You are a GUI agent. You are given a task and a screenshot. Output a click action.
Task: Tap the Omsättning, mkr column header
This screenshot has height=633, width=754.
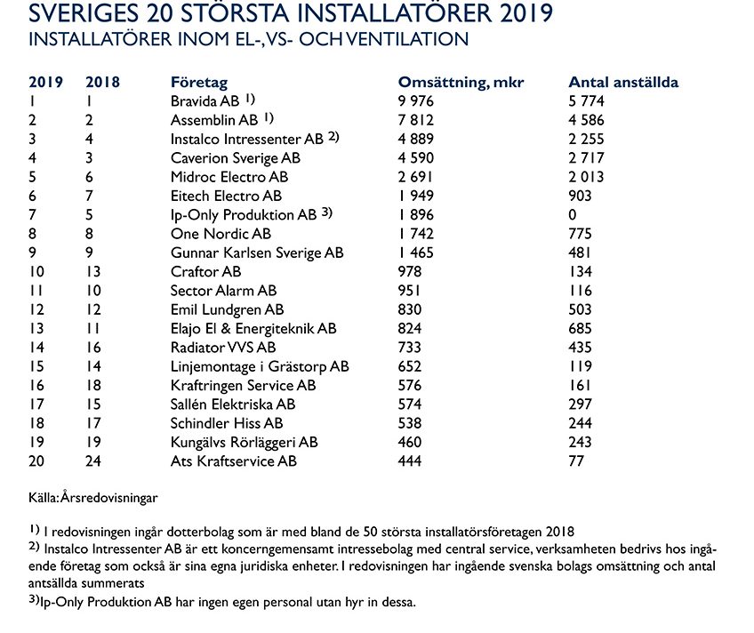pos(461,83)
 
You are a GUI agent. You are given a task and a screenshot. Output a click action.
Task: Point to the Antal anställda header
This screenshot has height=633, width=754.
pos(623,83)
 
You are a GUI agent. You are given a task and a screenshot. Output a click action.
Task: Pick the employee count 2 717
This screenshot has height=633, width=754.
pos(587,158)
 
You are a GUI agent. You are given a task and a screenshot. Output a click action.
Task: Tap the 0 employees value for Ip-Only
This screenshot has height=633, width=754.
pos(573,215)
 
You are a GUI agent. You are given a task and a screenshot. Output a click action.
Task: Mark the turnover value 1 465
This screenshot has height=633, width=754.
pos(415,252)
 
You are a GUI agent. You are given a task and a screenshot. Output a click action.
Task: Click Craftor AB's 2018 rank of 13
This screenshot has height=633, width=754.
pos(93,272)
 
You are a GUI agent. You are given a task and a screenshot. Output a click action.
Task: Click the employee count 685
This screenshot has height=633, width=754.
pos(581,329)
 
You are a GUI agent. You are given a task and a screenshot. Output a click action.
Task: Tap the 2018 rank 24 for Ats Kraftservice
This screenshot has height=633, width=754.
pos(94,461)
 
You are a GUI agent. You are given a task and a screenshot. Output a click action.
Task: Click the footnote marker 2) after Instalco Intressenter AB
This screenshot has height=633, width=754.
pos(333,137)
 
